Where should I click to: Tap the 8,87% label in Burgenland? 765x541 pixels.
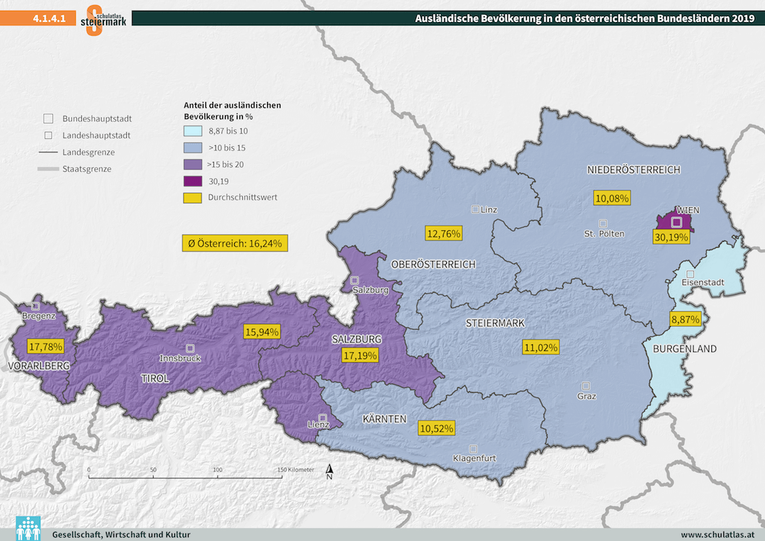(x=685, y=319)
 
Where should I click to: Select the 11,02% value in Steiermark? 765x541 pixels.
(x=540, y=347)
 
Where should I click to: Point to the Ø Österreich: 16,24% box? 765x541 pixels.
(x=235, y=243)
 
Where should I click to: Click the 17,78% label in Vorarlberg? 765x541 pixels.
(x=46, y=347)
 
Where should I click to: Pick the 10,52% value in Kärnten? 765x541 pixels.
(x=436, y=428)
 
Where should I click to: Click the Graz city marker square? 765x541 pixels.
(x=586, y=386)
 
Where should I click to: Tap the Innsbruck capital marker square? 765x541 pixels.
(x=191, y=348)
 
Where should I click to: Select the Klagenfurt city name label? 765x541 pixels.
(x=474, y=458)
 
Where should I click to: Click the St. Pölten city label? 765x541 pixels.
(x=604, y=234)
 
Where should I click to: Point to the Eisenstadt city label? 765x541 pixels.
(x=702, y=283)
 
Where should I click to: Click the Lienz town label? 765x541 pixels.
(x=317, y=425)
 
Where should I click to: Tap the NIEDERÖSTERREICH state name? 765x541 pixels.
(x=633, y=170)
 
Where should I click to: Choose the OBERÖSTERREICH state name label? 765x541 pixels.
(x=433, y=264)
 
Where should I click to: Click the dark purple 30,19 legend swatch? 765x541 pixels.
(x=193, y=181)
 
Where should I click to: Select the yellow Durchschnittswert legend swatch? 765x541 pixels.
(x=193, y=197)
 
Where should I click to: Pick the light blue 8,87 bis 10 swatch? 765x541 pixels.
(x=193, y=131)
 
